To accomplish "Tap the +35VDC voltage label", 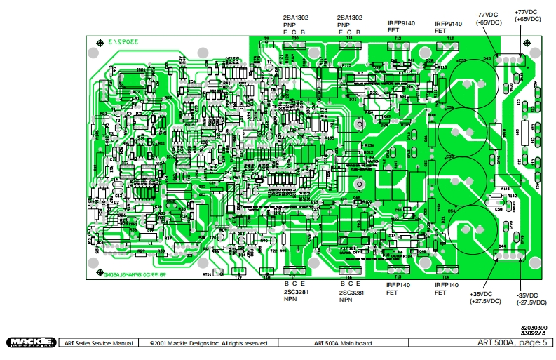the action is tap(484, 298).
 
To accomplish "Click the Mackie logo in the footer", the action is tap(32, 342).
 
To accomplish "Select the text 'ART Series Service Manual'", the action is tap(98, 343).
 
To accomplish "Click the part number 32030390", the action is tap(534, 327).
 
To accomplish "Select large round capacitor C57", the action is tap(469, 84).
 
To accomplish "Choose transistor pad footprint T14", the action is tap(446, 269).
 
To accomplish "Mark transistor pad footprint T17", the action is tap(271, 270).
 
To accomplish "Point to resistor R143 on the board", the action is tap(503, 190).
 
